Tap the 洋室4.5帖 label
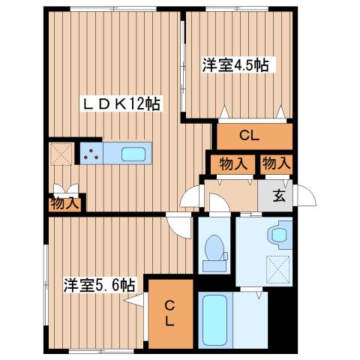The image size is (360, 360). (235, 64)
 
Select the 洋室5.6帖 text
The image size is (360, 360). (99, 285)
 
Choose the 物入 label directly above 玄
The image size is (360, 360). (275, 163)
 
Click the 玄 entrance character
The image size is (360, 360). (277, 196)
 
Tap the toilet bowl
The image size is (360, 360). (215, 249)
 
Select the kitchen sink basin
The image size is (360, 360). (134, 154)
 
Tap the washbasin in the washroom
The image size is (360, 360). (280, 235)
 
